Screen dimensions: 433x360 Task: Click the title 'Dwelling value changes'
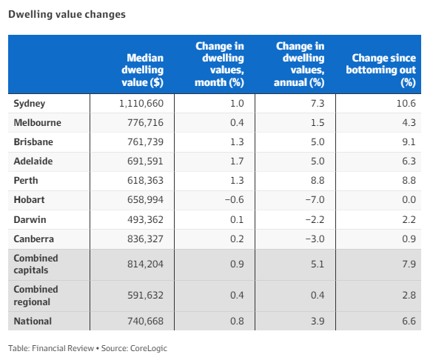(67, 14)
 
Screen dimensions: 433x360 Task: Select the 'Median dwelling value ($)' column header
(143, 70)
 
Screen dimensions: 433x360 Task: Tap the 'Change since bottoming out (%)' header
(380, 70)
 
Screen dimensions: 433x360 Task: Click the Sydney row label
(30, 104)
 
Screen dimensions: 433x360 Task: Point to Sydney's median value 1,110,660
(141, 104)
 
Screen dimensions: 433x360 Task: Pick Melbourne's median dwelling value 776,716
(145, 123)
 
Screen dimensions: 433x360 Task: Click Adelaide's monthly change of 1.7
(237, 161)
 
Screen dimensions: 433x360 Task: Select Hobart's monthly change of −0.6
(235, 200)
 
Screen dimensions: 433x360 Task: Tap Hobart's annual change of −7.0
(315, 200)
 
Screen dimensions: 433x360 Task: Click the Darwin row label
(30, 220)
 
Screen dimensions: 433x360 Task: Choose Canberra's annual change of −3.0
(315, 239)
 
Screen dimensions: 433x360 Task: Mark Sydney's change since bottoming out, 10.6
(406, 104)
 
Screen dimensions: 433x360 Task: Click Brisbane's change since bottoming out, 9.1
(409, 142)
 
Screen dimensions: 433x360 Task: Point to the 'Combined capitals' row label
(36, 264)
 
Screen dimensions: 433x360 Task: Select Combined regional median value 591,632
(145, 296)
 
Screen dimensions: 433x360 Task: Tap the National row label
(33, 321)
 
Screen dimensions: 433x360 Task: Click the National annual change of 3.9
(318, 321)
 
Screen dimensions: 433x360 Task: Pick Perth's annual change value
(318, 181)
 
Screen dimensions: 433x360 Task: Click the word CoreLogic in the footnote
(149, 348)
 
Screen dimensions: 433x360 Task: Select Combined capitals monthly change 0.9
(237, 264)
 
